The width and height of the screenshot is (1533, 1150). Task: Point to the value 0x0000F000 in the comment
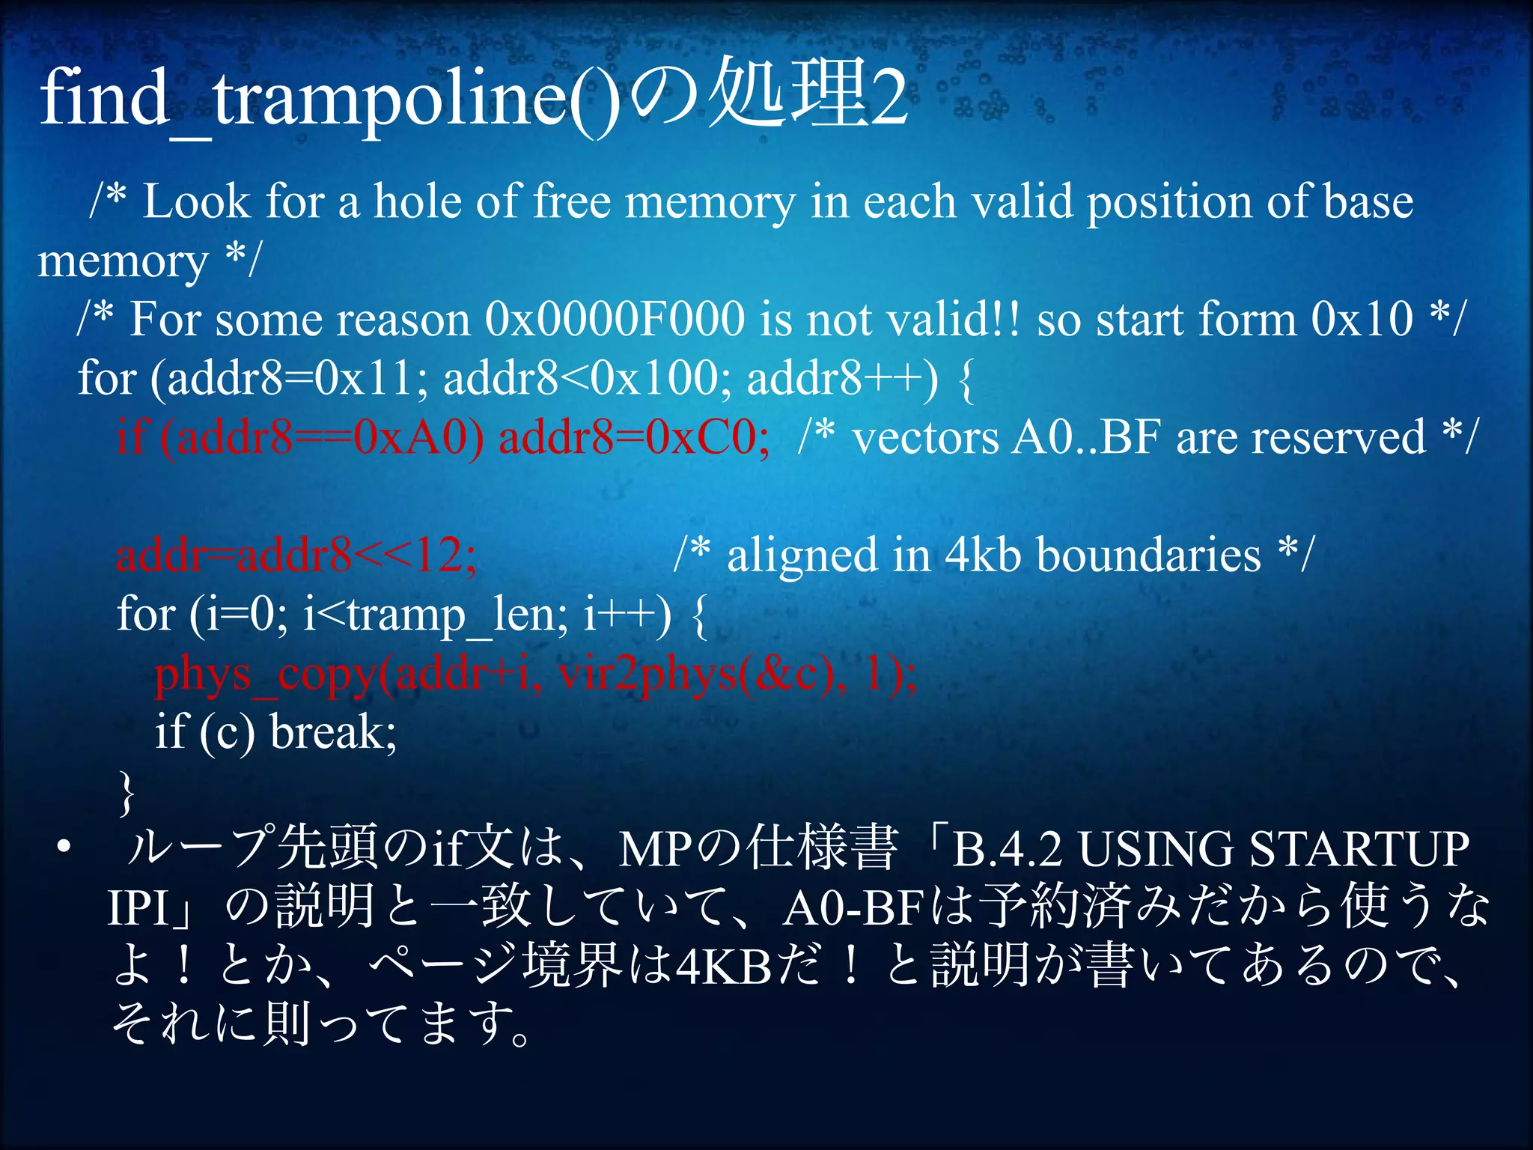tap(615, 319)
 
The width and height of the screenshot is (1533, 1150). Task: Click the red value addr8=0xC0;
tap(633, 437)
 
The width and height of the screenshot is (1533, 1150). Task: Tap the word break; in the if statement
tap(333, 732)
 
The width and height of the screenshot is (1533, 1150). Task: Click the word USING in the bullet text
tap(1156, 850)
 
